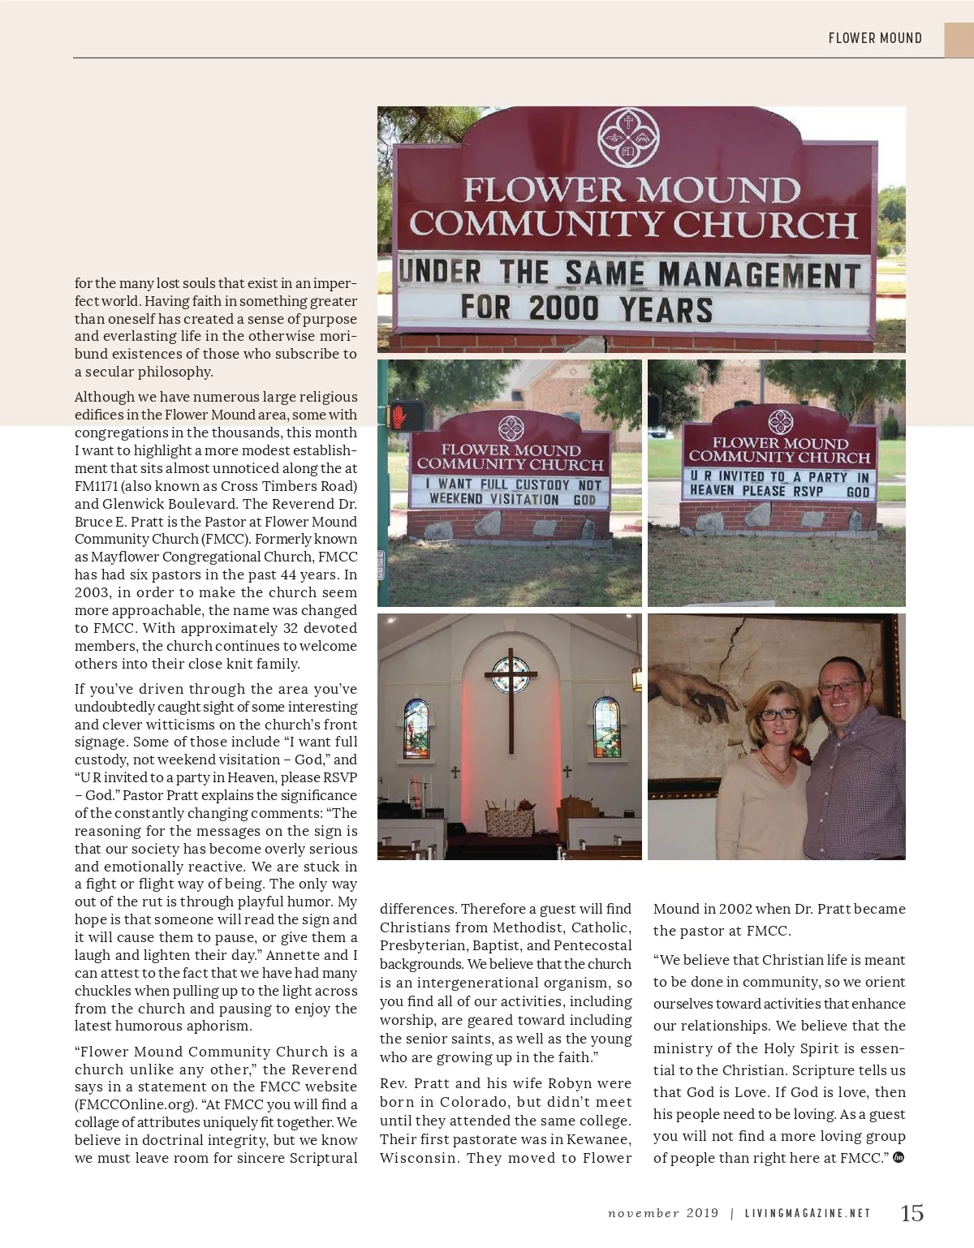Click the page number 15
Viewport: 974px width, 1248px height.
point(912,1212)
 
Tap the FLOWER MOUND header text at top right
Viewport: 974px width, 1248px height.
point(874,38)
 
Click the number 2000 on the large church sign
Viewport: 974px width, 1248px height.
point(563,308)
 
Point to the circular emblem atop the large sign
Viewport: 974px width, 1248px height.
point(627,137)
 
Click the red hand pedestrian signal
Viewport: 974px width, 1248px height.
point(401,417)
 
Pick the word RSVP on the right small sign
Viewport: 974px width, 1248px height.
point(807,491)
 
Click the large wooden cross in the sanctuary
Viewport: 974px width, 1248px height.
point(511,698)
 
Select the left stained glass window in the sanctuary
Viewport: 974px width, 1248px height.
point(416,727)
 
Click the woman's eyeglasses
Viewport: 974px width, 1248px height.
point(778,715)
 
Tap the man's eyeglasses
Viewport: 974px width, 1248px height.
point(839,686)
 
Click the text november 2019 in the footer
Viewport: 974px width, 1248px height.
point(663,1213)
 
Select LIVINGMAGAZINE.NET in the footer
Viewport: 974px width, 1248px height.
point(808,1213)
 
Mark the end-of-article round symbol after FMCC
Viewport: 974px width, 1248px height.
point(899,1157)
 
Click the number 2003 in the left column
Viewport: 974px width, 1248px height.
point(93,592)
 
